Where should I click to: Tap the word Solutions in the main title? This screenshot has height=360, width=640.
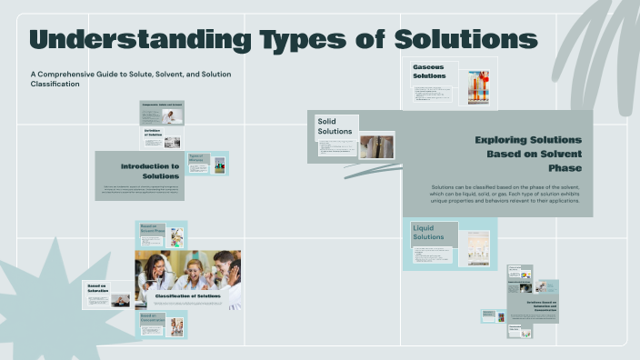(x=465, y=40)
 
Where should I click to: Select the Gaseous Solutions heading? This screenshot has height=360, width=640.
(x=429, y=72)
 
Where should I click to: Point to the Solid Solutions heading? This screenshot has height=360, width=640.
(x=334, y=126)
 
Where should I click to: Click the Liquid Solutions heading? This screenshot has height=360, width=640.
(x=429, y=232)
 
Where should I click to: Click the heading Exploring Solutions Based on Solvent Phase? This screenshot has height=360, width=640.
(x=527, y=154)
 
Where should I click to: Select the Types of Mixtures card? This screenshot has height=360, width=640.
(x=206, y=164)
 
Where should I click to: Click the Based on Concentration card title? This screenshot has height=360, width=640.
(x=150, y=318)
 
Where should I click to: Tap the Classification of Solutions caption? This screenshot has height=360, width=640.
(x=189, y=295)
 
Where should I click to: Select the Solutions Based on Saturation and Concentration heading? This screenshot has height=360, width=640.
(x=542, y=305)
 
